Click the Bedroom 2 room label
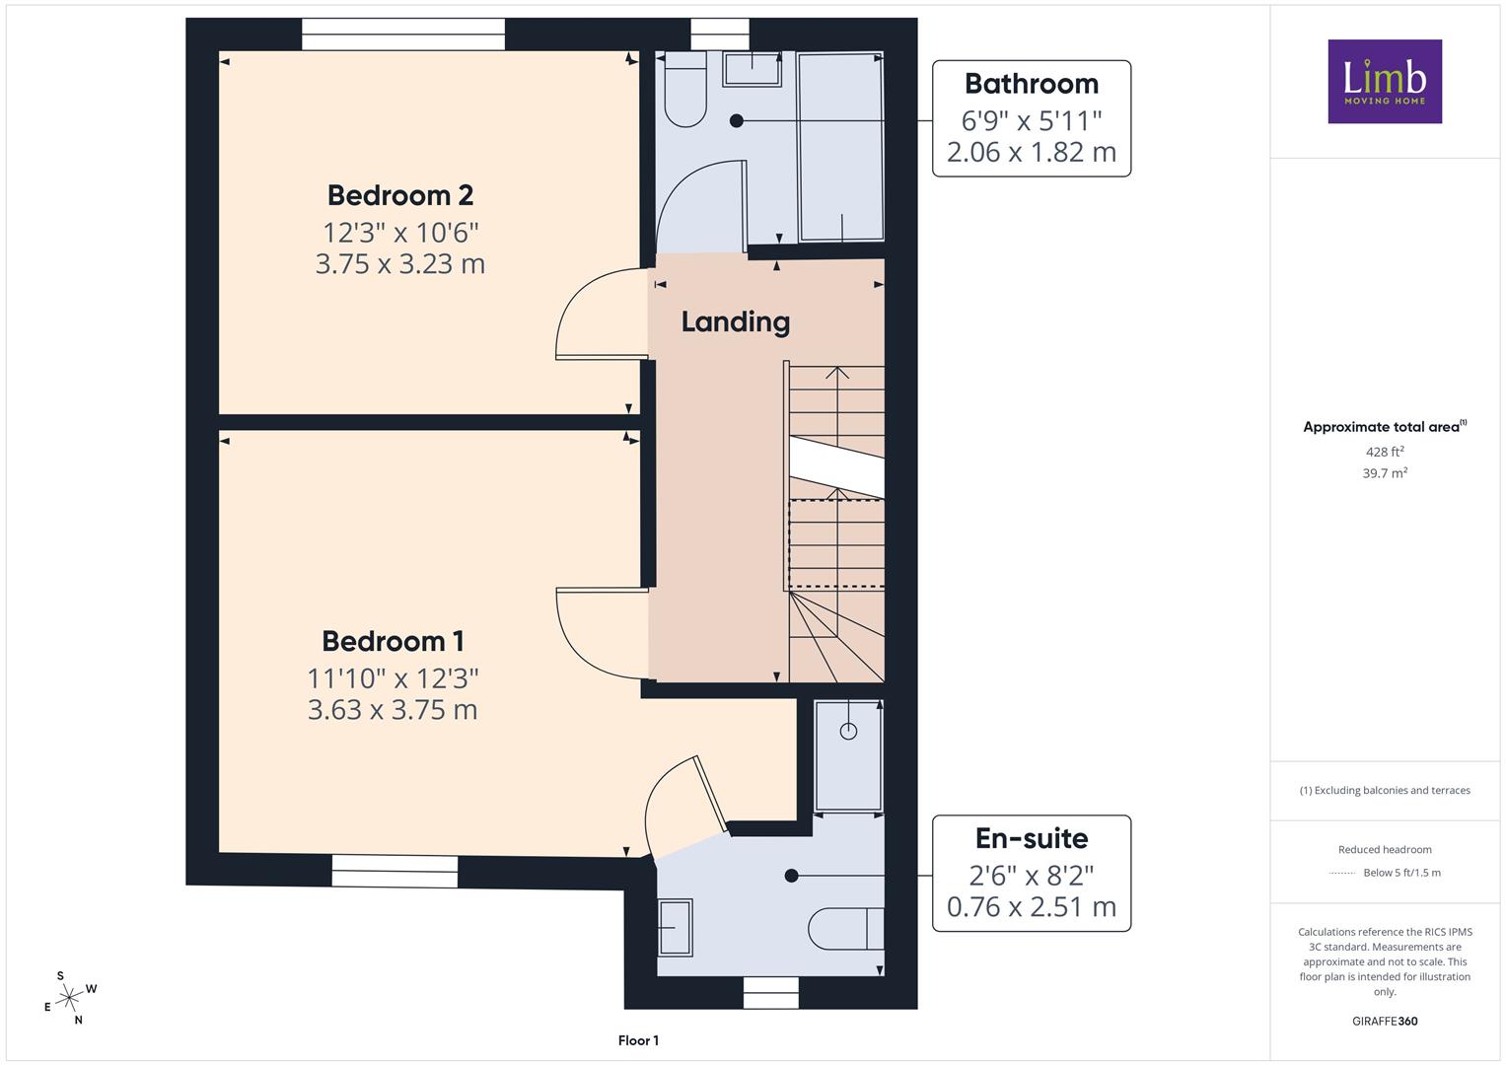click(400, 195)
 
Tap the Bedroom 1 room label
click(393, 641)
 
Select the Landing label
click(736, 322)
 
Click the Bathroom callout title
click(1032, 84)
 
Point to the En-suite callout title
click(1032, 838)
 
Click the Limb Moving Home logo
click(1385, 81)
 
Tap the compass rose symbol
click(69, 998)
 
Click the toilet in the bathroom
click(684, 91)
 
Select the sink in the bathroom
click(753, 70)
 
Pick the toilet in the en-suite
click(846, 929)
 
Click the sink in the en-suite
click(675, 927)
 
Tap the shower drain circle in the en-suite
click(848, 731)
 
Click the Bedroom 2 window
click(403, 34)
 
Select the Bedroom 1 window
click(395, 871)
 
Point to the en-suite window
click(771, 992)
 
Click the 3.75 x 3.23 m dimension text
click(400, 263)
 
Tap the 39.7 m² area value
click(1385, 472)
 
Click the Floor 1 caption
click(639, 1040)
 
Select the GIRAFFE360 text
click(1385, 1021)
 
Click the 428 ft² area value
click(1385, 452)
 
